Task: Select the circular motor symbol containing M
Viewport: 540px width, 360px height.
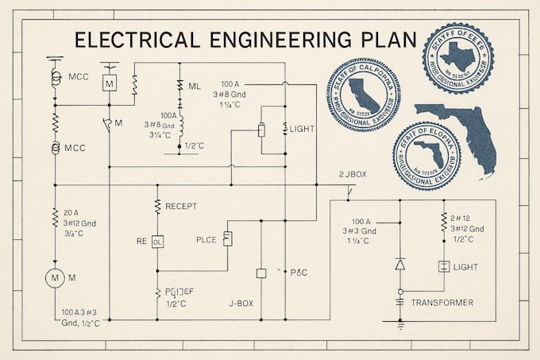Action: click(55, 277)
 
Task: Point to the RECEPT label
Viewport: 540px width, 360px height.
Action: click(180, 207)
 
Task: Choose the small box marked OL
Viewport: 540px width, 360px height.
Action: click(157, 242)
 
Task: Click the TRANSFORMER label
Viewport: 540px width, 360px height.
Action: click(442, 303)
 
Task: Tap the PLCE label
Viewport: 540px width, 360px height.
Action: click(206, 239)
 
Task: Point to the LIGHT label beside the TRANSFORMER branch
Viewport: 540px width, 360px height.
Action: click(465, 268)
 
